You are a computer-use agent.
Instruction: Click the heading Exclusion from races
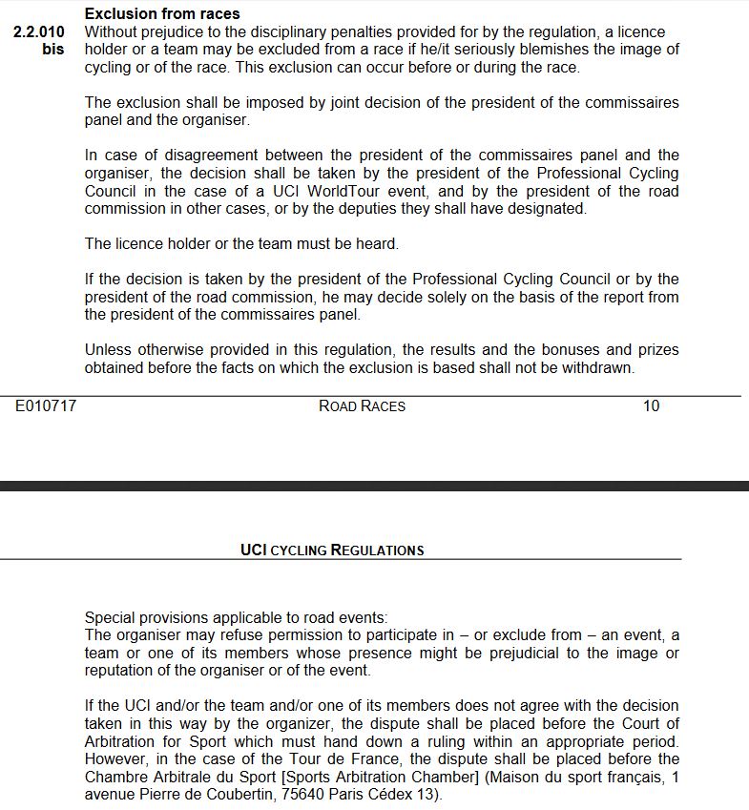click(162, 14)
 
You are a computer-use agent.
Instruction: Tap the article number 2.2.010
click(39, 31)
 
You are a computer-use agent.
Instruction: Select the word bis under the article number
click(53, 49)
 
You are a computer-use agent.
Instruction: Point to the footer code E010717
click(46, 406)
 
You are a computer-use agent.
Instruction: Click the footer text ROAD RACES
click(362, 406)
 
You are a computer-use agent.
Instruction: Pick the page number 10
click(651, 406)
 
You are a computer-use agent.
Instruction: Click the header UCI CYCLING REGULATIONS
click(332, 550)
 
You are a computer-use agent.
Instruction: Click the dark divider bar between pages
click(374, 486)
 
